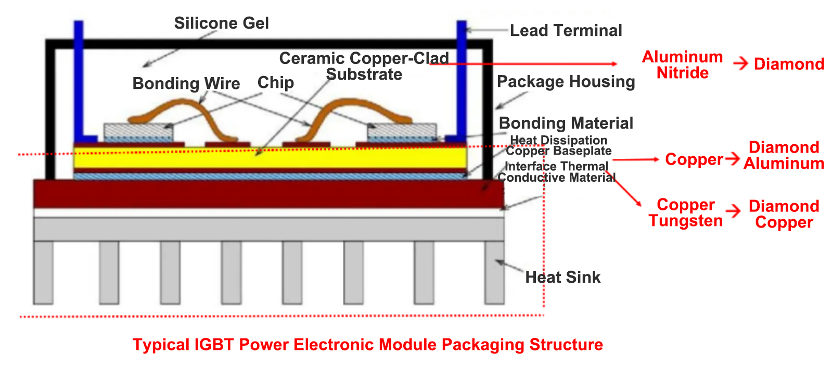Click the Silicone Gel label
click(221, 23)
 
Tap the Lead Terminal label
click(566, 31)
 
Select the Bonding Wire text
click(186, 83)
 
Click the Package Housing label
click(566, 82)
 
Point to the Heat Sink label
click(562, 277)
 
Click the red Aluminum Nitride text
click(682, 65)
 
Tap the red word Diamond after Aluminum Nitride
click(789, 64)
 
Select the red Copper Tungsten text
click(685, 212)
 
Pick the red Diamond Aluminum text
click(784, 155)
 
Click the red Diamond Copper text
click(784, 214)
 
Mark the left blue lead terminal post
click(79, 78)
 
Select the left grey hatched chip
click(137, 130)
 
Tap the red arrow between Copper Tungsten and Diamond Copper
click(733, 211)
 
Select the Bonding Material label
click(566, 123)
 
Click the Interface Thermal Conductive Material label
click(556, 172)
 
